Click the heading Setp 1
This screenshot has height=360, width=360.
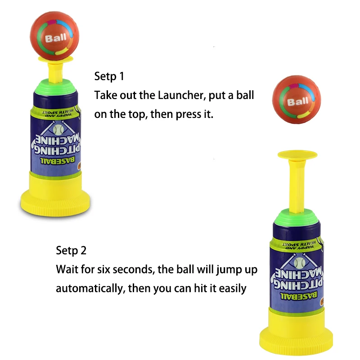click(x=109, y=76)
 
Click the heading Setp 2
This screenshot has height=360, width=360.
click(x=71, y=250)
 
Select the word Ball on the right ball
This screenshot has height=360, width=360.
click(x=297, y=101)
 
